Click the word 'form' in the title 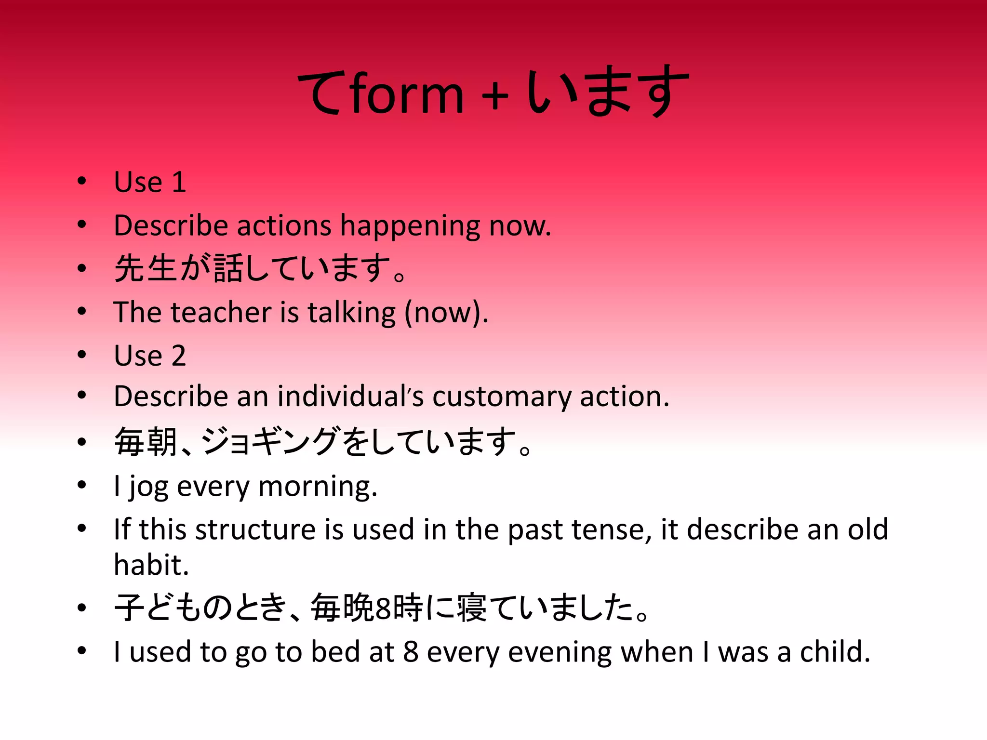[407, 94]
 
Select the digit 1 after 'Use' [179, 182]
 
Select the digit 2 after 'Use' [178, 356]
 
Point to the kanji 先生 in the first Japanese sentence [146, 268]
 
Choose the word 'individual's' [350, 396]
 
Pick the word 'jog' [147, 487]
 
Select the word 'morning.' [318, 487]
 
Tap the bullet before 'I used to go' [82, 651]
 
